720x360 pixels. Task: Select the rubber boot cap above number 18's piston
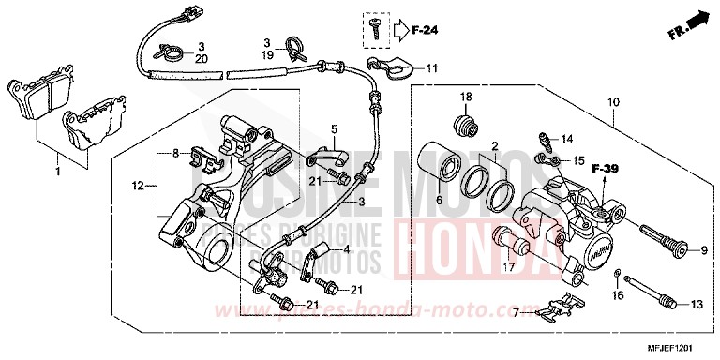pyautogui.click(x=462, y=125)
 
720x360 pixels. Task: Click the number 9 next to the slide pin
pyautogui.click(x=698, y=250)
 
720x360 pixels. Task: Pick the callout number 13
pyautogui.click(x=696, y=304)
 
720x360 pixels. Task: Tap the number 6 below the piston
pyautogui.click(x=437, y=200)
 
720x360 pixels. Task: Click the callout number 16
pyautogui.click(x=617, y=295)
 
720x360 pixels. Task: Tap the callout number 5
pyautogui.click(x=332, y=127)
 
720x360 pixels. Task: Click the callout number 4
pyautogui.click(x=346, y=249)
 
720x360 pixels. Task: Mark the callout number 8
pyautogui.click(x=174, y=152)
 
